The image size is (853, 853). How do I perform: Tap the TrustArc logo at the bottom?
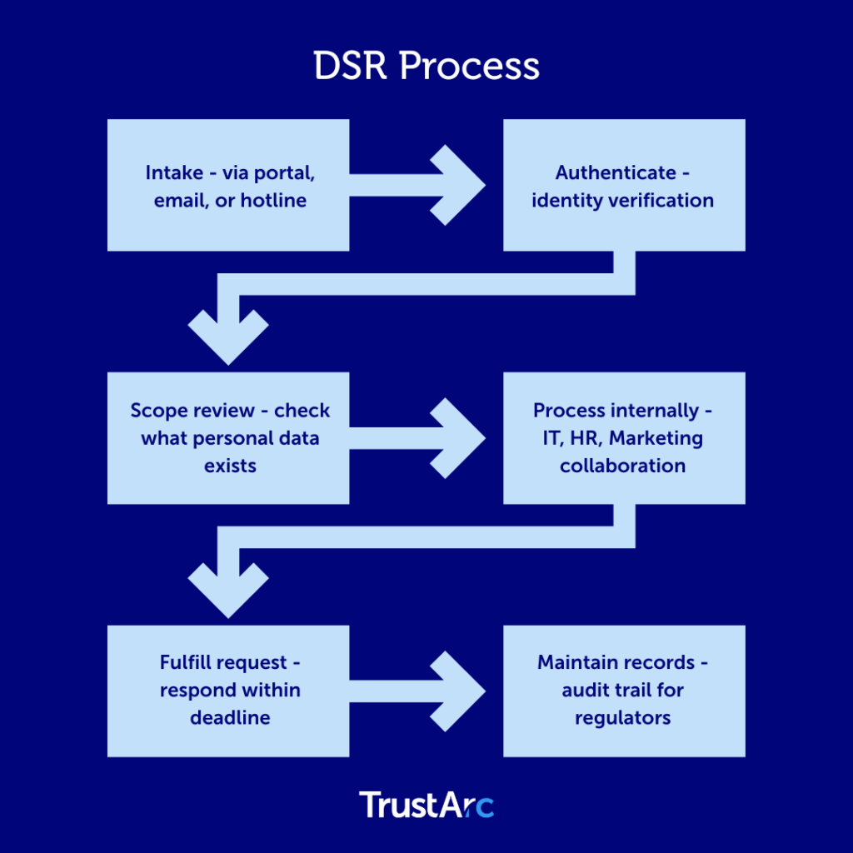(426, 806)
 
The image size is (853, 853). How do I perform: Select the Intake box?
(228, 185)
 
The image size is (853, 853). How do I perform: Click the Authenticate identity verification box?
(624, 185)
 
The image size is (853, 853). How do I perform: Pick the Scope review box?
(228, 438)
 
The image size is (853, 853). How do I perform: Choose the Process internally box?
(624, 438)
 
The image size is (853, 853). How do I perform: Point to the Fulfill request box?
(228, 691)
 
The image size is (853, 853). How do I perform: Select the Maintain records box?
(624, 691)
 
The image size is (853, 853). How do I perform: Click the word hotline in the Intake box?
(274, 201)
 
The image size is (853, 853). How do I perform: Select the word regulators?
(623, 717)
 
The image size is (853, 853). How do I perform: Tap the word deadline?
(230, 717)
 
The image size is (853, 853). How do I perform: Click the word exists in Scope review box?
(230, 465)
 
